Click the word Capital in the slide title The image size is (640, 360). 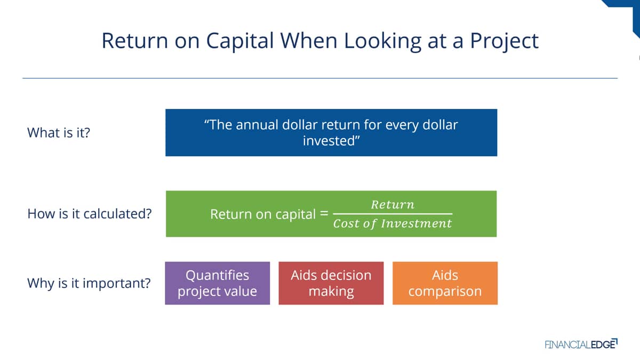coord(240,42)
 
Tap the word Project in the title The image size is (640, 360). coord(505,42)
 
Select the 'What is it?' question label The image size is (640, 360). coord(59,133)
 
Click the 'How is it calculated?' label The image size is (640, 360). coord(90,214)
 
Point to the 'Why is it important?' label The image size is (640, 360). coord(89,283)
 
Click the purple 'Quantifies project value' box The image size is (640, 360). coord(218,283)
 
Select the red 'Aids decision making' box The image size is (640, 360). coord(331,283)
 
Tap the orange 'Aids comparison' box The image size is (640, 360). coord(445,283)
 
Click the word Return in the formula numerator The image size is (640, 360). coord(393,205)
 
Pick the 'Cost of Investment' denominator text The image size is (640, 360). coord(393,223)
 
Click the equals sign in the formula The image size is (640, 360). coord(324,213)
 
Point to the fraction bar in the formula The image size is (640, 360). coord(393,214)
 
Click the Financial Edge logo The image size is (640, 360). coord(581,344)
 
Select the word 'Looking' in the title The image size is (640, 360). coord(382,42)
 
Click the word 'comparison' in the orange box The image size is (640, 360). coord(445,291)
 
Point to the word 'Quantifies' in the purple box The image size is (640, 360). coord(218,275)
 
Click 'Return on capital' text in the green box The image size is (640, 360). coord(263,214)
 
